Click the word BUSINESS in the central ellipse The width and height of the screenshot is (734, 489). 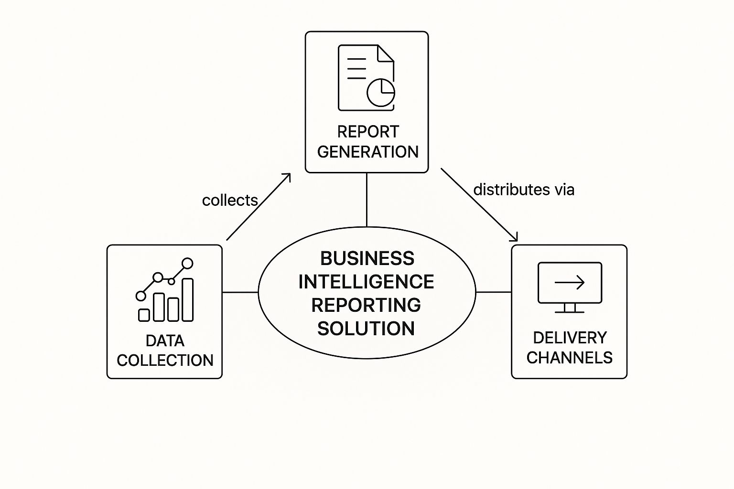pos(367,258)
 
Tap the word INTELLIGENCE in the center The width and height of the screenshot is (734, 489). pos(367,282)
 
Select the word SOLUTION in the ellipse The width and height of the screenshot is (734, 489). pos(367,329)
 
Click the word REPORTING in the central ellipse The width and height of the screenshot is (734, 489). pos(367,305)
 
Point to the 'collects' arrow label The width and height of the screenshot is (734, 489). pos(230,200)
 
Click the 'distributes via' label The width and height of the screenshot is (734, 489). pos(524,190)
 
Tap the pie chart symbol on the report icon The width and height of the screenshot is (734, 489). pos(381,92)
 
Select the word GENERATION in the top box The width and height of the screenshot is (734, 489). pos(367,152)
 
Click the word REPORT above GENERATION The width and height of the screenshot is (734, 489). pos(367,131)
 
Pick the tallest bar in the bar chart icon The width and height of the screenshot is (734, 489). pos(188,299)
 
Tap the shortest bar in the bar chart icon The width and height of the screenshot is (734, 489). pos(144,315)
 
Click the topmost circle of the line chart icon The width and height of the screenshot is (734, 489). pos(188,263)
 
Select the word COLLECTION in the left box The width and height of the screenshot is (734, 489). pos(165,360)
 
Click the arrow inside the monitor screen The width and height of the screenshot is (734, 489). pos(570,282)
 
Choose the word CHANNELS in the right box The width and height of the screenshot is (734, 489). pos(570,358)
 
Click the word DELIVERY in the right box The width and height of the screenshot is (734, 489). pos(570,338)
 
